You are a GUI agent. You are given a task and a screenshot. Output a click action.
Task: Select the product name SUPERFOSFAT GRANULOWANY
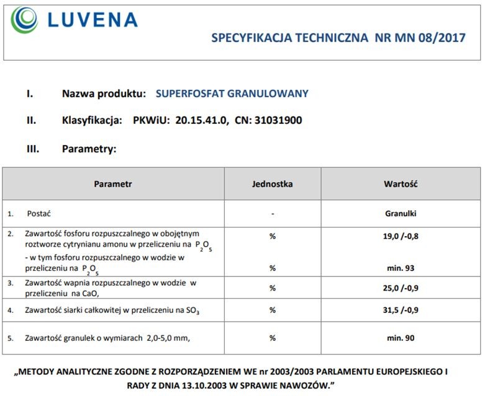point(232,94)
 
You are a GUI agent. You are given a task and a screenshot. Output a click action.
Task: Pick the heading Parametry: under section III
point(89,149)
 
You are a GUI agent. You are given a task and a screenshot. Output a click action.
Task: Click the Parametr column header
point(113,184)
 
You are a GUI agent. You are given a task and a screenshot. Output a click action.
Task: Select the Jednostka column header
point(273,184)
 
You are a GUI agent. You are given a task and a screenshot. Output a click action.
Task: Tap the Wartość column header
point(400,184)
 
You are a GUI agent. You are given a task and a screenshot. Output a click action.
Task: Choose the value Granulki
point(400,214)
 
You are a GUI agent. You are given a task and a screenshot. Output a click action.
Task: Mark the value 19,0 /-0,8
point(400,236)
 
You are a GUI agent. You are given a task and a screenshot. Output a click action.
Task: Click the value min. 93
point(400,268)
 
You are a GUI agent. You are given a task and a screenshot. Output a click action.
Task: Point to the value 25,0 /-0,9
point(400,288)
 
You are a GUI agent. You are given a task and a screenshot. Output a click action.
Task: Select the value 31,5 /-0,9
point(400,310)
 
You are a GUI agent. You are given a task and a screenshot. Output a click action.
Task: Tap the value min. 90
point(400,338)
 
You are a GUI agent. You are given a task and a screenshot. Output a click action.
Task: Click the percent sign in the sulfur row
point(272,310)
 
